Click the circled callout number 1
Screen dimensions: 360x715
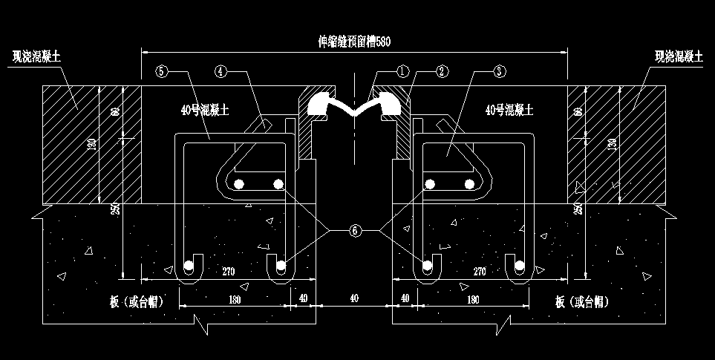tap(403, 72)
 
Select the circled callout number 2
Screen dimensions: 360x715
tap(442, 72)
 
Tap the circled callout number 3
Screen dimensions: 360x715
tap(499, 72)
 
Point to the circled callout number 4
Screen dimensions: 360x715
tap(221, 72)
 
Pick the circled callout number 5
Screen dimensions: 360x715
tap(163, 72)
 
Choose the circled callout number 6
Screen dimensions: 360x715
tap(354, 231)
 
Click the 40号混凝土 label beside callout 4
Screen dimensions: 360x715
tap(205, 109)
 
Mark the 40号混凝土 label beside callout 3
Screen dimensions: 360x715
tap(509, 109)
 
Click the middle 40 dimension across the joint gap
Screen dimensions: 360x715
tap(354, 298)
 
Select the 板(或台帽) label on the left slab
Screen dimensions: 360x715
tap(135, 301)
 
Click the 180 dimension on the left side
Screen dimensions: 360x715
tap(236, 298)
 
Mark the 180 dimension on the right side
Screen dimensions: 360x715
tap(472, 298)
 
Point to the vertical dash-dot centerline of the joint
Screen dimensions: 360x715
tap(355, 148)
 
